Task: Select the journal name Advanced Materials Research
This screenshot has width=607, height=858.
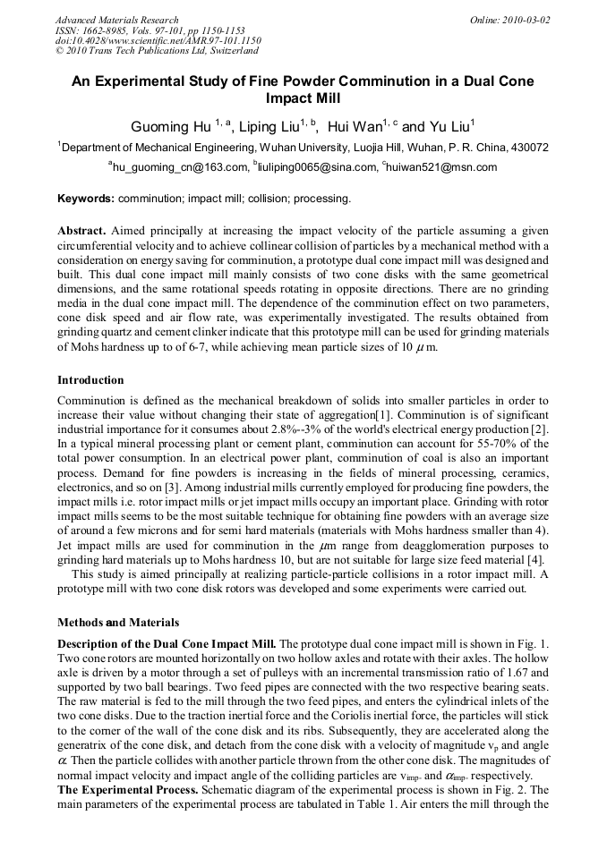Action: coord(116,20)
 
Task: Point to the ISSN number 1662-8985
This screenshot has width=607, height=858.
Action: coord(105,30)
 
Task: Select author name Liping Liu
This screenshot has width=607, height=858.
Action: coord(269,127)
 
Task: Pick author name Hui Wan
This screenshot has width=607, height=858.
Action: coord(355,127)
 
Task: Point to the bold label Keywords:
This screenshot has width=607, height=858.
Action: coord(86,198)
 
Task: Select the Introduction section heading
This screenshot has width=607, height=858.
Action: coord(90,380)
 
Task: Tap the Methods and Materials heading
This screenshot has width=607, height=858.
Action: coord(117,622)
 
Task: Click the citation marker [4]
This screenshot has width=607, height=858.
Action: coord(541,557)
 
